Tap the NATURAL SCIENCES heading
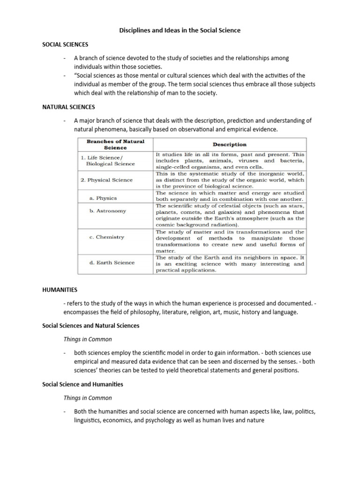click(x=68, y=107)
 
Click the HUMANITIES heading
click(x=60, y=290)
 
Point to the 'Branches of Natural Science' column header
click(x=115, y=144)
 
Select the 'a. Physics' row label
click(x=103, y=198)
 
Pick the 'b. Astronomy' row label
click(x=107, y=211)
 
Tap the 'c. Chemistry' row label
click(x=106, y=237)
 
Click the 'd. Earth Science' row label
click(x=112, y=262)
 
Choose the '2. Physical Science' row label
click(x=106, y=180)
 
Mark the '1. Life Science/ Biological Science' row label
click(x=108, y=161)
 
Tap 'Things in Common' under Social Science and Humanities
click(x=88, y=397)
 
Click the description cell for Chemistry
click(x=230, y=241)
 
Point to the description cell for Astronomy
click(x=230, y=215)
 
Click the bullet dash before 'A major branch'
click(x=64, y=120)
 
